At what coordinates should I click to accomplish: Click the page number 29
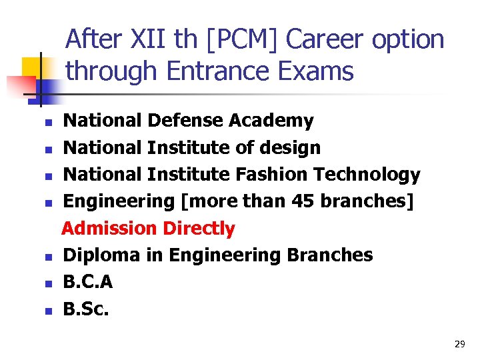(x=459, y=344)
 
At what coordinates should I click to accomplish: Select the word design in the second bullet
(x=289, y=148)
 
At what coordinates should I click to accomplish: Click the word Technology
(x=367, y=175)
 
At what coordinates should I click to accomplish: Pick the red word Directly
(x=199, y=229)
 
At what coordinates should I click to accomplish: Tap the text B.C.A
(x=87, y=282)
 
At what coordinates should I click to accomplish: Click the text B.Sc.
(x=86, y=309)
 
